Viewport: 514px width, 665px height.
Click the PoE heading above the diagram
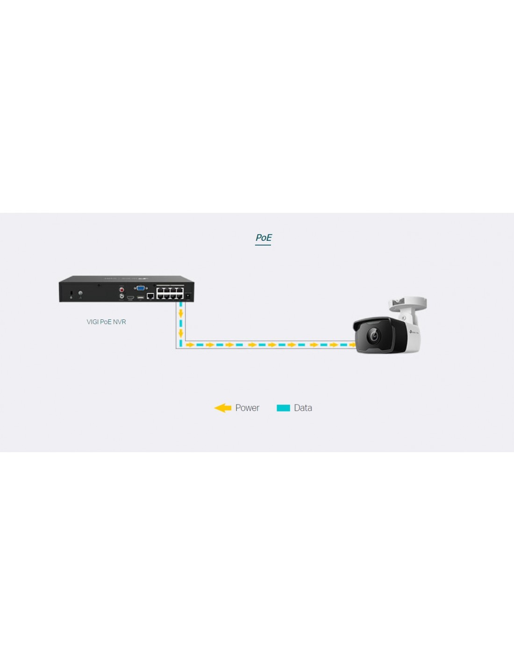(263, 238)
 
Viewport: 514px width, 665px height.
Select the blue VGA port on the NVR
(141, 288)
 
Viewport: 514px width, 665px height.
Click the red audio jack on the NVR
(122, 289)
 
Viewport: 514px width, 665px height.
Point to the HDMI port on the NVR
(130, 297)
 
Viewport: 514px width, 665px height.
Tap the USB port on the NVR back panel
(141, 297)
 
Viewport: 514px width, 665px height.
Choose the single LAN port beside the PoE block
(150, 296)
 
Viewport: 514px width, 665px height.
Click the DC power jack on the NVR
(188, 296)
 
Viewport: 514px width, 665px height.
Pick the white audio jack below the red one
(122, 296)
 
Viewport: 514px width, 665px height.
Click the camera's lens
(374, 335)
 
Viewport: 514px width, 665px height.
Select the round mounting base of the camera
(408, 303)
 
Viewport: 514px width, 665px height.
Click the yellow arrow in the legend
(222, 408)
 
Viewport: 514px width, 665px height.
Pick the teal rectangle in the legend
(283, 408)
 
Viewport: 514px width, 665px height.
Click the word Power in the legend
(247, 408)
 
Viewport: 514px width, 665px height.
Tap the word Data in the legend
(303, 408)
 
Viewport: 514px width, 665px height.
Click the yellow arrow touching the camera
(352, 345)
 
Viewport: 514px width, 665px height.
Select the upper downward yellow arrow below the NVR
(181, 313)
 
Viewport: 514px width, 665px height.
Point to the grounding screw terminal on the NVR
(80, 293)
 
